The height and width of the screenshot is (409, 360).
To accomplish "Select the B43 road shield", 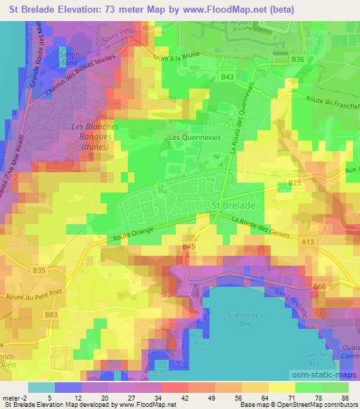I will (x=227, y=77).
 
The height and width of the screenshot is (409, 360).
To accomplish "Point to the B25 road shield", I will (x=295, y=183).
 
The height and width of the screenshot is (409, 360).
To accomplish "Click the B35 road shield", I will (x=39, y=270).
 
